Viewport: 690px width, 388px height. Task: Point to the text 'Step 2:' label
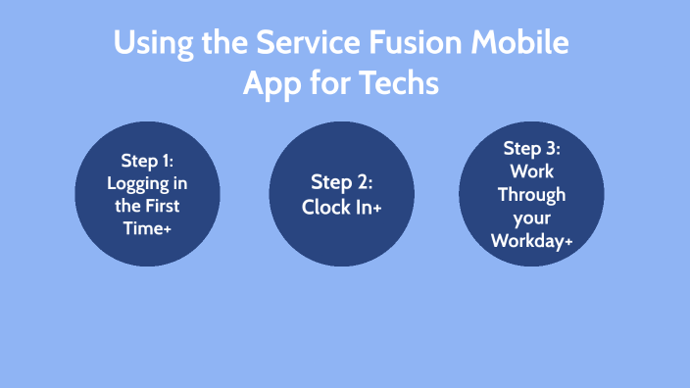[342, 181]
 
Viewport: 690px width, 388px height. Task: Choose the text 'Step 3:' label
[531, 148]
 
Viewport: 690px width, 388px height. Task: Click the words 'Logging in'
[146, 183]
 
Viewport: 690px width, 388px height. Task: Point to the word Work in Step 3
[531, 171]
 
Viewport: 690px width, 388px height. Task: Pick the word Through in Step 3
[531, 194]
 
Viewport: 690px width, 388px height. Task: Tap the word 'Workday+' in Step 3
[531, 240]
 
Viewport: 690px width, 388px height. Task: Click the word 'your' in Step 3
[531, 217]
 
